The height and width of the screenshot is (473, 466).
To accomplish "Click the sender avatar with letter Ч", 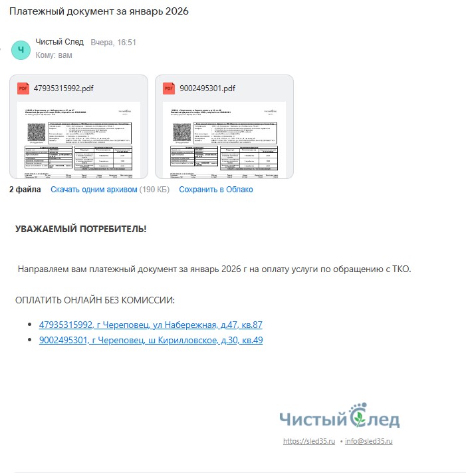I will pyautogui.click(x=21, y=49).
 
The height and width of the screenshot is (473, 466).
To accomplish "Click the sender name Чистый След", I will pyautogui.click(x=59, y=42).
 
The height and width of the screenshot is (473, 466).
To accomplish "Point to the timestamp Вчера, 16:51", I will pyautogui.click(x=113, y=43).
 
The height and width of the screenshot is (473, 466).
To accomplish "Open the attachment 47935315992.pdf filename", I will pyautogui.click(x=63, y=88).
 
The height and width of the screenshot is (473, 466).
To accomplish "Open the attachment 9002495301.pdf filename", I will pyautogui.click(x=207, y=88).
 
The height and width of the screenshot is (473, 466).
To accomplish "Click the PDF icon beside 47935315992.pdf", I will pyautogui.click(x=23, y=88).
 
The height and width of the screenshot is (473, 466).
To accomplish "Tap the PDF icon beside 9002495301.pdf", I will pyautogui.click(x=169, y=88).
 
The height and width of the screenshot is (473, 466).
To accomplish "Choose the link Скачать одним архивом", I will pyautogui.click(x=94, y=190).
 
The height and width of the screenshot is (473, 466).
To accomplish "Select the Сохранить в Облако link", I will pyautogui.click(x=215, y=190).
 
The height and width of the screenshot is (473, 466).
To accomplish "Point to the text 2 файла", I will pyautogui.click(x=25, y=190).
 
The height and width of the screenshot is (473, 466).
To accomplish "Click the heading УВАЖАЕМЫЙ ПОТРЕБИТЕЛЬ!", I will pyautogui.click(x=80, y=230).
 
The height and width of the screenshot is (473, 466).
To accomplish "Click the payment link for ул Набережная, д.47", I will pyautogui.click(x=150, y=325).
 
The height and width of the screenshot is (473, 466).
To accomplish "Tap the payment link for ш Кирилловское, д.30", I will pyautogui.click(x=151, y=341).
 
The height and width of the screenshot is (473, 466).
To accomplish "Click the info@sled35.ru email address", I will pyautogui.click(x=368, y=441).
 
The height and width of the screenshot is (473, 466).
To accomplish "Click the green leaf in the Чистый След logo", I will pyautogui.click(x=357, y=419).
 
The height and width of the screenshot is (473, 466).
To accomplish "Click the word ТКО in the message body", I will pyautogui.click(x=401, y=269).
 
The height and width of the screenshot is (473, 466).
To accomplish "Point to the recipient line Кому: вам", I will pyautogui.click(x=54, y=55).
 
